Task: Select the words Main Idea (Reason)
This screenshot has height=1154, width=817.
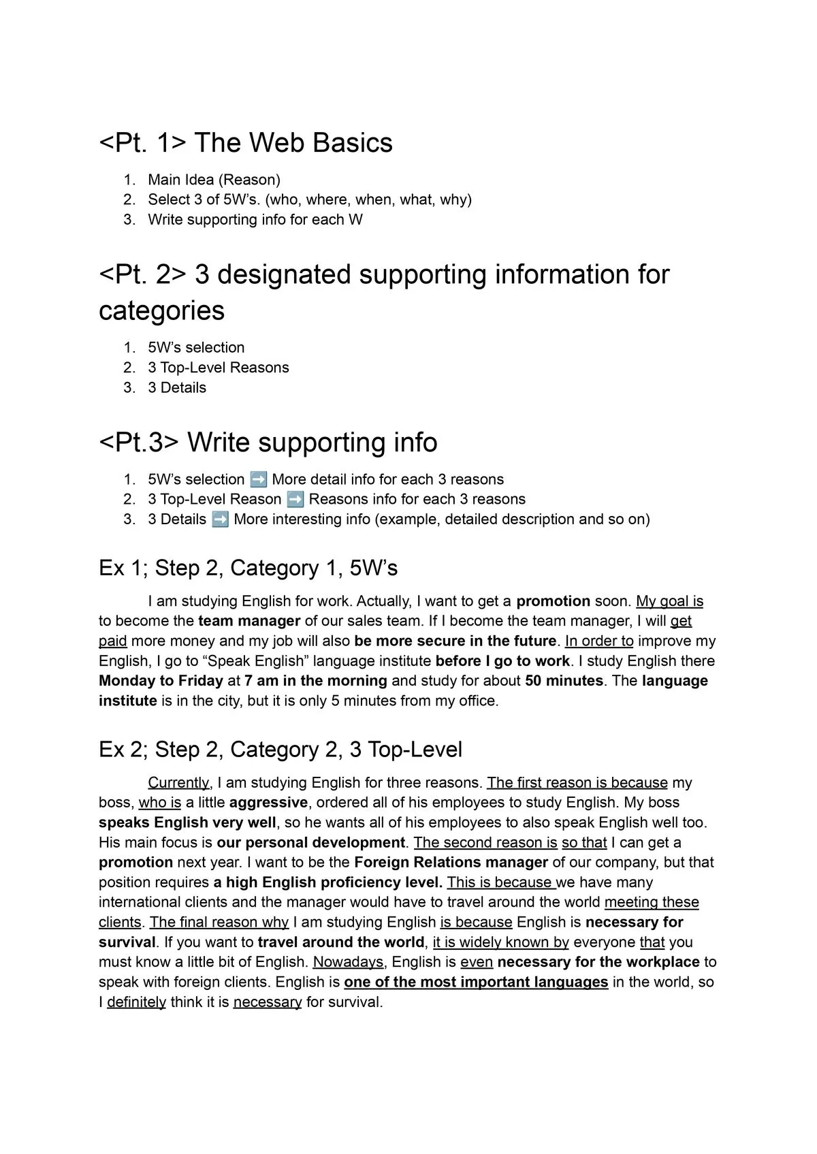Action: pyautogui.click(x=214, y=180)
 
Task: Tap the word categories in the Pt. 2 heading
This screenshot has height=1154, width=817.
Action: pyautogui.click(x=161, y=310)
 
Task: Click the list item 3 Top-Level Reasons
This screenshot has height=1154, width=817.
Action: pyautogui.click(x=218, y=368)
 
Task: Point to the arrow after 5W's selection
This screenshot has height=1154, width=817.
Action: pyautogui.click(x=258, y=479)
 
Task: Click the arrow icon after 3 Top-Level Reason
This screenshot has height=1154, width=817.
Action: pyautogui.click(x=295, y=499)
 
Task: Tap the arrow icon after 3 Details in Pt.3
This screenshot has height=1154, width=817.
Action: pyautogui.click(x=220, y=519)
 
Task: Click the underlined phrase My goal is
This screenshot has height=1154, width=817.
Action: pyautogui.click(x=669, y=601)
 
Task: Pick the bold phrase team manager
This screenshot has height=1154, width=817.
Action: pyautogui.click(x=249, y=621)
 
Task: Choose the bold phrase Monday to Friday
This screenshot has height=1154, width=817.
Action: pyautogui.click(x=161, y=681)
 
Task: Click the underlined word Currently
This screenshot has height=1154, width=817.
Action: pyautogui.click(x=178, y=783)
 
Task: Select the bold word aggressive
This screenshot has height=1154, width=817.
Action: pyautogui.click(x=268, y=803)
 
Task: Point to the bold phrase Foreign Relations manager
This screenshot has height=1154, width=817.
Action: pyautogui.click(x=451, y=863)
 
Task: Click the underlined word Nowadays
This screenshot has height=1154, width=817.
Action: pyautogui.click(x=347, y=962)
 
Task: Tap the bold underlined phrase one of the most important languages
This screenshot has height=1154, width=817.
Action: pyautogui.click(x=475, y=982)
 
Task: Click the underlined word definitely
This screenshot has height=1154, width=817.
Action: pyautogui.click(x=136, y=1002)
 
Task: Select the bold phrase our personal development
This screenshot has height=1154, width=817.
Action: pyautogui.click(x=310, y=843)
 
